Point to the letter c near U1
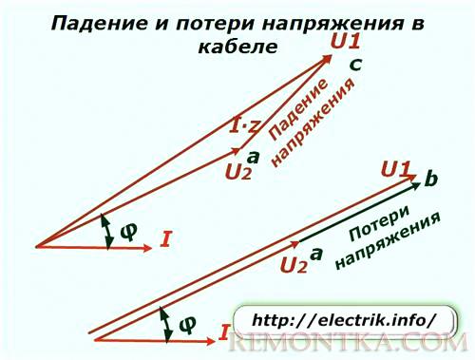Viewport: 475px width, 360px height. point(354,64)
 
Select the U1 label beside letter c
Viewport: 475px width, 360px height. point(345,41)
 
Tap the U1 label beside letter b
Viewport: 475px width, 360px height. point(396,170)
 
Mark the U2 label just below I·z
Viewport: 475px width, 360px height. point(239,172)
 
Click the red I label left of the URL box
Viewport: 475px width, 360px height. point(224,332)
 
